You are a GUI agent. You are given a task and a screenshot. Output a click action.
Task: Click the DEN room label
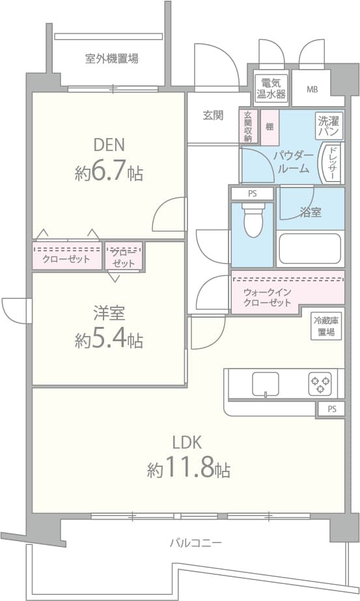click(109, 145)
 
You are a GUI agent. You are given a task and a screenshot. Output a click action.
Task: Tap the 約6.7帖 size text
click(109, 173)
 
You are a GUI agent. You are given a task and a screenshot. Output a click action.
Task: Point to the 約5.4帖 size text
click(109, 340)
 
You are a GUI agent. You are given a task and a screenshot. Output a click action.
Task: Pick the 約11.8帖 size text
click(188, 469)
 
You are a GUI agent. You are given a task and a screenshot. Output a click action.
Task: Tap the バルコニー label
click(196, 542)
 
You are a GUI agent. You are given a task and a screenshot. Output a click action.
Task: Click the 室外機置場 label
click(111, 59)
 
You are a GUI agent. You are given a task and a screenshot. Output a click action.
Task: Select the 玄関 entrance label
click(212, 115)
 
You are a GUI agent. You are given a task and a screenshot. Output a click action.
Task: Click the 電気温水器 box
click(270, 88)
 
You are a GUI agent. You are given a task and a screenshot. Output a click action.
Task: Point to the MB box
click(312, 88)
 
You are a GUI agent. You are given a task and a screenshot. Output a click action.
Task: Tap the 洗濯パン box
click(329, 125)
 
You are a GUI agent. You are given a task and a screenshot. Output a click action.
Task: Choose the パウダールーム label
click(294, 161)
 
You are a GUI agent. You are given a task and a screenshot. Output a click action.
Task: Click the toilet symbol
click(252, 221)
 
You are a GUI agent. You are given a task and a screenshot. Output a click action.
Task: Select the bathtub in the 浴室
click(310, 248)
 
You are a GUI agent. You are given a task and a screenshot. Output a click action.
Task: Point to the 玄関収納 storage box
click(248, 126)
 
